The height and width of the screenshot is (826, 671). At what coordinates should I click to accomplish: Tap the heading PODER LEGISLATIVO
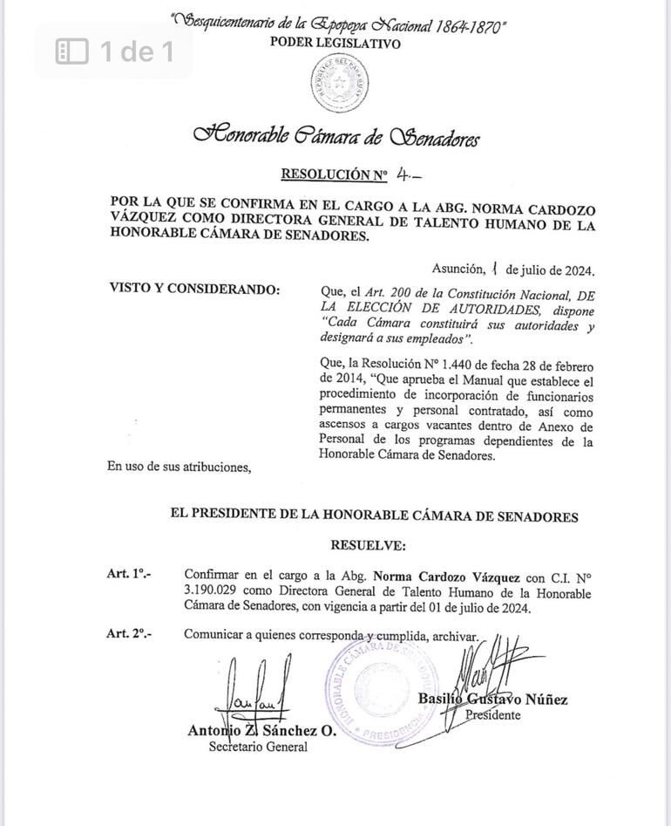(335, 43)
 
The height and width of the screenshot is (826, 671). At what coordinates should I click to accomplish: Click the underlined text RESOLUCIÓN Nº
(334, 175)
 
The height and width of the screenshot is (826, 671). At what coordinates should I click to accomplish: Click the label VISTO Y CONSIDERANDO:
(194, 290)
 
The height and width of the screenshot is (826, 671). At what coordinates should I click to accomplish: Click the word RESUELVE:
(368, 545)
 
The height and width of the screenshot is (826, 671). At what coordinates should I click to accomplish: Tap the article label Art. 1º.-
(129, 575)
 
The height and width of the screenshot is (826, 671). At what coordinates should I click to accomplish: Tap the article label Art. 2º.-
(129, 634)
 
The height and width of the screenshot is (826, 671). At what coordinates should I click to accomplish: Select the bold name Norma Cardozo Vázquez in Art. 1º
(446, 577)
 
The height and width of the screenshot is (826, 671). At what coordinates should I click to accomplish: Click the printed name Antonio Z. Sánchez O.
(261, 731)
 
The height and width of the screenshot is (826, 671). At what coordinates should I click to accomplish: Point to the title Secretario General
(257, 747)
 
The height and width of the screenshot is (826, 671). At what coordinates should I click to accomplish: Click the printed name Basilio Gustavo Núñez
(492, 700)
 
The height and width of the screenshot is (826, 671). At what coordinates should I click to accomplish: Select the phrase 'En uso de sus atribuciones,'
(179, 467)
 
